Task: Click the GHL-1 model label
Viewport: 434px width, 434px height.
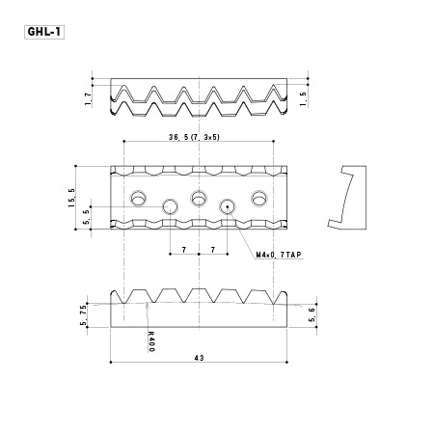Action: click(44, 32)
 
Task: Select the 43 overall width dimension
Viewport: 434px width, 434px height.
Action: click(199, 358)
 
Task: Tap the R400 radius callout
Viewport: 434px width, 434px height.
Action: click(151, 341)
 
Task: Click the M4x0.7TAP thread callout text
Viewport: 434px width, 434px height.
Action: click(279, 255)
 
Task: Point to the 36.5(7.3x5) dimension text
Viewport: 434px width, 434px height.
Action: click(194, 137)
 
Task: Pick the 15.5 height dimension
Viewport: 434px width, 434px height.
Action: click(71, 198)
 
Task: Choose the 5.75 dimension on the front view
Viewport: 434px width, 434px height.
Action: click(83, 315)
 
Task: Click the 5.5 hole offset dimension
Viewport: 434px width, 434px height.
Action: click(86, 218)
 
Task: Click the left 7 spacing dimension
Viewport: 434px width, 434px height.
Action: click(184, 250)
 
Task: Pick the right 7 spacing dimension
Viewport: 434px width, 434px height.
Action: click(213, 250)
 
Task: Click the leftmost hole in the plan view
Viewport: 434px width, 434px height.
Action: click(138, 199)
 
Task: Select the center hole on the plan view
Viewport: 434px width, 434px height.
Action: click(199, 198)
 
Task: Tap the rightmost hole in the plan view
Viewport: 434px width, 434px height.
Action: click(259, 199)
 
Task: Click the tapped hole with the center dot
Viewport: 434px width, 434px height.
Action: click(228, 206)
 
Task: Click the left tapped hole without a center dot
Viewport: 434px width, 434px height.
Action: click(170, 206)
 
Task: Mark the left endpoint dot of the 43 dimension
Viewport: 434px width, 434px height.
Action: click(111, 363)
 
